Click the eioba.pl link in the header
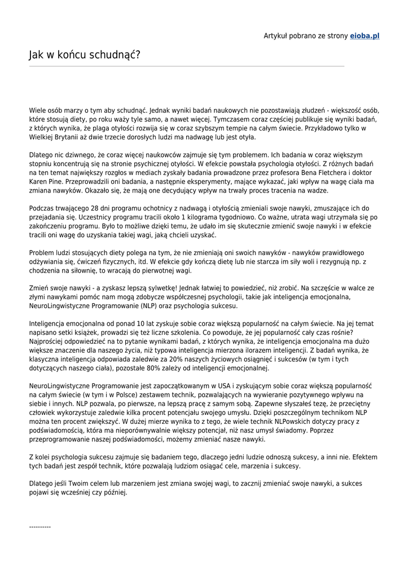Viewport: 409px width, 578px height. tap(364, 36)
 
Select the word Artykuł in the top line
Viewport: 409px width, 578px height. tap(276, 36)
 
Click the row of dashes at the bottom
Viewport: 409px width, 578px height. tap(40, 527)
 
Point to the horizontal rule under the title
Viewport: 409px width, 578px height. tap(186, 66)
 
